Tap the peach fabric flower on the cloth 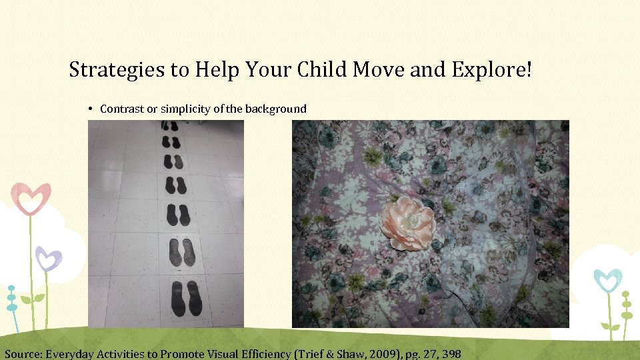[408, 222]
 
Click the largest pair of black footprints [185, 298]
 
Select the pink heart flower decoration [31, 198]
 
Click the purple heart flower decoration [49, 257]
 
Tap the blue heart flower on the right [607, 279]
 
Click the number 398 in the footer [451, 353]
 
